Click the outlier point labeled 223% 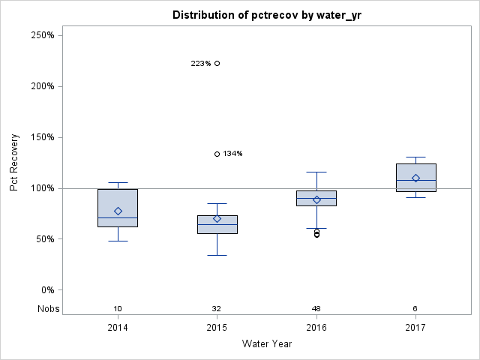217,64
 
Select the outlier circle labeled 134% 217,154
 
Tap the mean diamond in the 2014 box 118,211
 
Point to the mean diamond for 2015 217,219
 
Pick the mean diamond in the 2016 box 316,199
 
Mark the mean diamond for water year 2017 415,178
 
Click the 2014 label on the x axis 118,328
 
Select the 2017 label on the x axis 415,328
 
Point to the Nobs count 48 316,309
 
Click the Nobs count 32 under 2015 217,309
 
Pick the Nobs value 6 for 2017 415,309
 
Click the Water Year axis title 266,344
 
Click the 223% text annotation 200,64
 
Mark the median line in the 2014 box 118,217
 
